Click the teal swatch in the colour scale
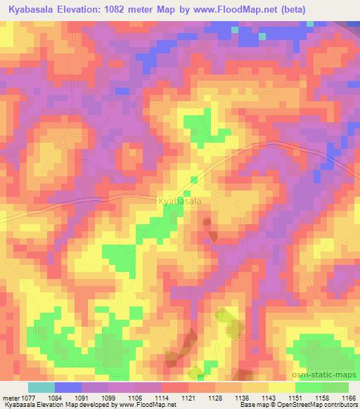pyautogui.click(x=41, y=387)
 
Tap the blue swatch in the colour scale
pyautogui.click(x=68, y=387)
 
